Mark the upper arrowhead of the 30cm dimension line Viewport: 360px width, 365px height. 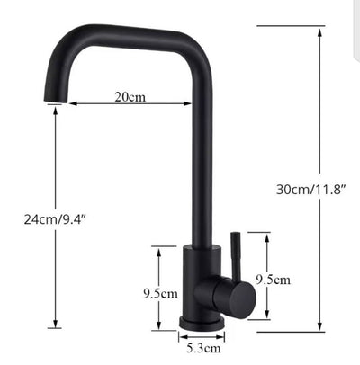click(321, 29)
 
